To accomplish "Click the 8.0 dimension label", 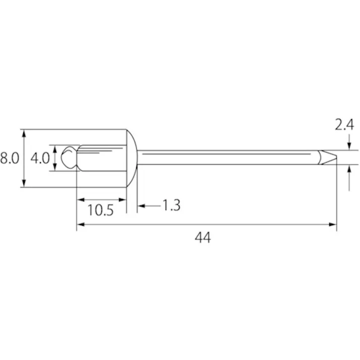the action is pyautogui.click(x=10, y=158).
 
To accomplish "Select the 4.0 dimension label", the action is pyautogui.click(x=40, y=158).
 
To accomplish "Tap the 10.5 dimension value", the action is pyautogui.click(x=100, y=210).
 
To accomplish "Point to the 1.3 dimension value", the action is pyautogui.click(x=172, y=205).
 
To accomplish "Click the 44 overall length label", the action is pyautogui.click(x=203, y=238).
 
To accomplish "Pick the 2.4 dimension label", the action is pyautogui.click(x=344, y=125).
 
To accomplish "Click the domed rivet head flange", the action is pyautogui.click(x=132, y=158).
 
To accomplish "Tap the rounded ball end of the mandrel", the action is pyautogui.click(x=69, y=158).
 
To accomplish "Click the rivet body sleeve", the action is pyautogui.click(x=101, y=158).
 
